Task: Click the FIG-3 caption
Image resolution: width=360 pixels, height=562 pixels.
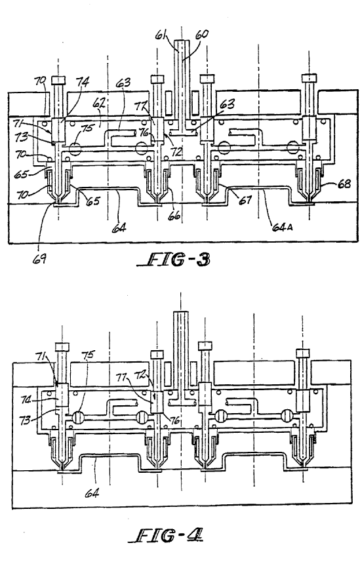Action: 174,260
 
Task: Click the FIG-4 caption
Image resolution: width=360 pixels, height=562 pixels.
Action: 166,536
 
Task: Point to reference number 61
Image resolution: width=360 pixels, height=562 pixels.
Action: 161,35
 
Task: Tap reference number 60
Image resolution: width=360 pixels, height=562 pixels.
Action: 201,34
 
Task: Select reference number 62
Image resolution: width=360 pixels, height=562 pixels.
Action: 99,104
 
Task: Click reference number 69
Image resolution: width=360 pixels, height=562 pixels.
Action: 39,259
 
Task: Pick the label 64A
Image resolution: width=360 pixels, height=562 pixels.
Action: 281,226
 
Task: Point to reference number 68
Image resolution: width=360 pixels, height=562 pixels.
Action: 344,184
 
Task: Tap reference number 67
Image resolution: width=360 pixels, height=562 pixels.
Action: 246,199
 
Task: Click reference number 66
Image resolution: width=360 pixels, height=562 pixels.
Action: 175,215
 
